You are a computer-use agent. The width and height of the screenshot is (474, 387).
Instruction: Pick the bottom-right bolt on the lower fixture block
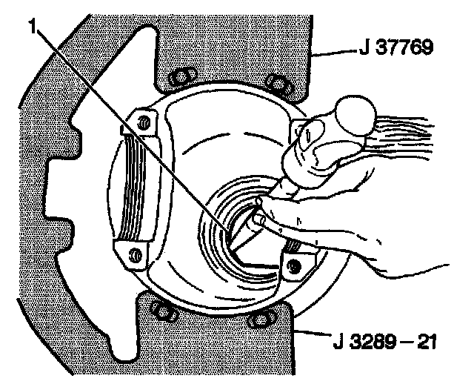pos(259,319)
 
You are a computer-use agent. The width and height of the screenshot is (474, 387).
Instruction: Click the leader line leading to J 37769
pos(330,52)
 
